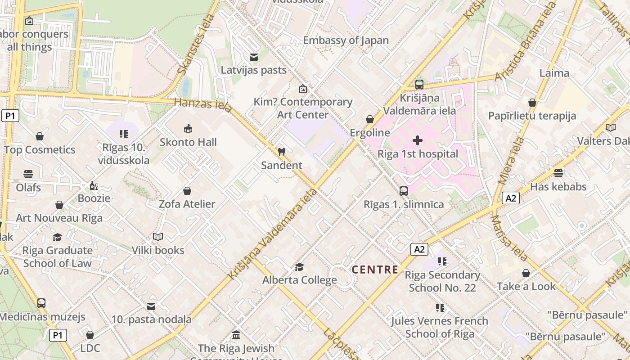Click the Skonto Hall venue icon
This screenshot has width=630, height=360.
(x=188, y=129)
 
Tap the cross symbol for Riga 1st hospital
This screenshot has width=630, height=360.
(x=418, y=140)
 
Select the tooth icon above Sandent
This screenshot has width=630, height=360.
(x=282, y=152)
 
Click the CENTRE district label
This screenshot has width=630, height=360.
(x=375, y=270)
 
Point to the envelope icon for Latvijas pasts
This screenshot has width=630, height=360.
(x=254, y=57)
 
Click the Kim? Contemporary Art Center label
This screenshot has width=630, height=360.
(x=303, y=108)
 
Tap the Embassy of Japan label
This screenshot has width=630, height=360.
(x=346, y=40)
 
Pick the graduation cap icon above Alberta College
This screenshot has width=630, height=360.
(x=299, y=267)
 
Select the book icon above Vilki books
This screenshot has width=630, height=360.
(x=158, y=237)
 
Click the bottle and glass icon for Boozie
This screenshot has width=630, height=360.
(x=94, y=185)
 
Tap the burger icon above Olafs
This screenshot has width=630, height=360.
(x=28, y=174)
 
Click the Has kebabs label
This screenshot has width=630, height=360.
(x=558, y=186)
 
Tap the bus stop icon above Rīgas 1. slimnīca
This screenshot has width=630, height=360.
(x=404, y=191)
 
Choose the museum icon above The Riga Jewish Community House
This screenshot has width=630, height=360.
(x=236, y=335)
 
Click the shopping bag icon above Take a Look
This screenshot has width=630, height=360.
(x=526, y=273)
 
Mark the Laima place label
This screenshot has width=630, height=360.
(x=554, y=73)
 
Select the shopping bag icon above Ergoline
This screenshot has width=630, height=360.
(x=370, y=119)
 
